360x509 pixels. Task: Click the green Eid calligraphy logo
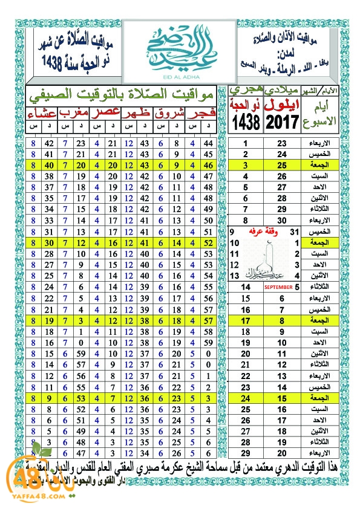point(180,46)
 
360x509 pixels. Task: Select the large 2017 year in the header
point(283,121)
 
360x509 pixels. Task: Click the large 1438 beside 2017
point(246,121)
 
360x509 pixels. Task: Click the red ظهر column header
point(137,114)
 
